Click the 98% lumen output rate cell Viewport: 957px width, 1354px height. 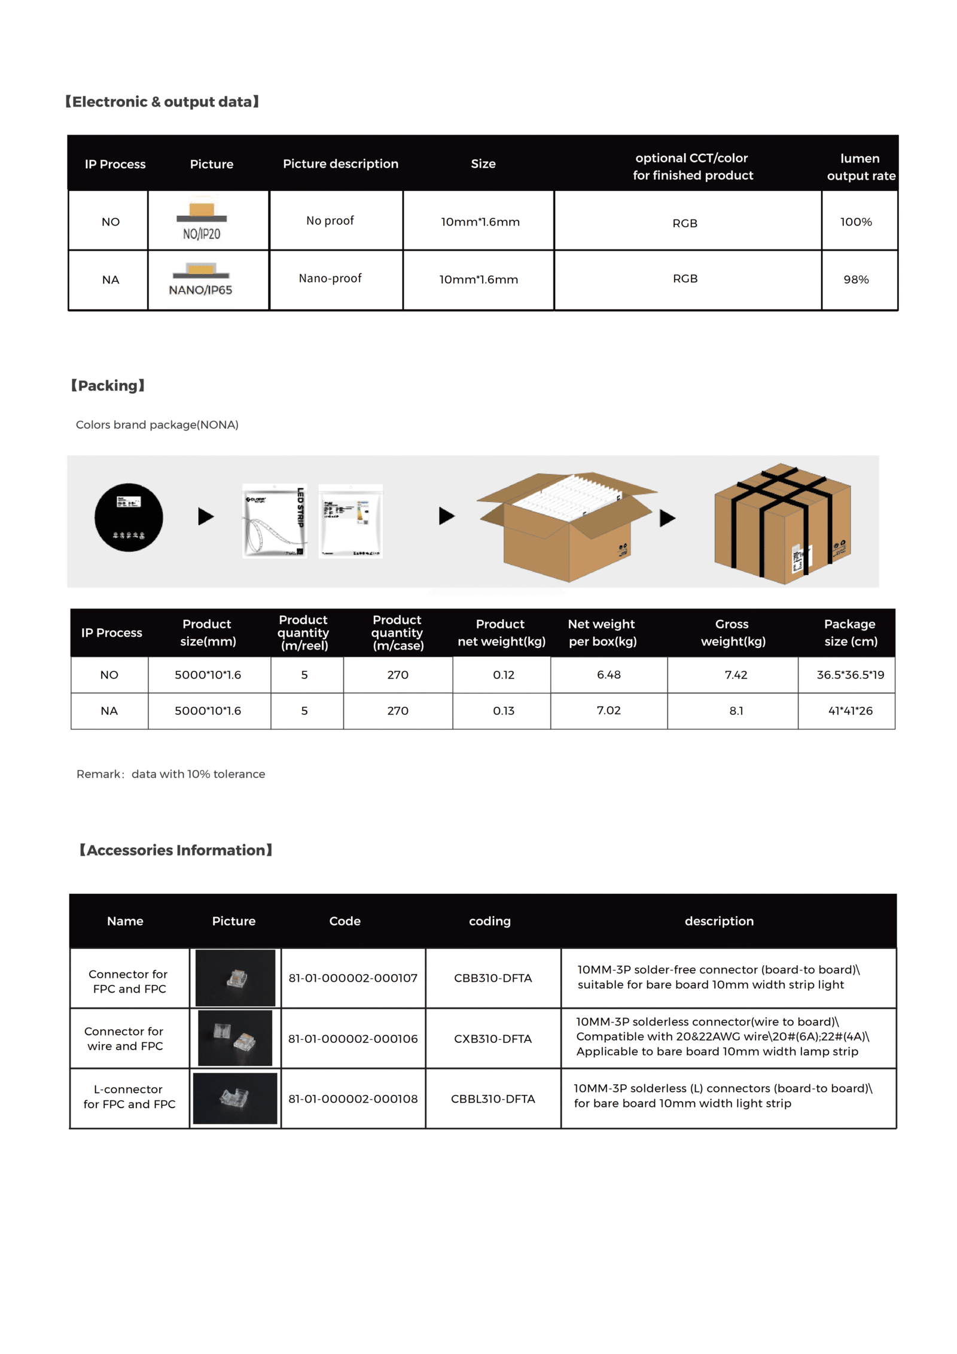coord(855,279)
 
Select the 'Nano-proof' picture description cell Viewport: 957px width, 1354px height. coord(330,278)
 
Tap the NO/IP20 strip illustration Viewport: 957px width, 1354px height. coord(202,220)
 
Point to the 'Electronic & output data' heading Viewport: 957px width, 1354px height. coord(162,102)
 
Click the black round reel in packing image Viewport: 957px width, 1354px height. coord(129,517)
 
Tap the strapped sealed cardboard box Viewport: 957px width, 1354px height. coord(782,523)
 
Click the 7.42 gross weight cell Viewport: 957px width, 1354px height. coord(736,675)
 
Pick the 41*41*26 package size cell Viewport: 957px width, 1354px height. coord(850,711)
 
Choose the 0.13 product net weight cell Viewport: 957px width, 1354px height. coord(504,711)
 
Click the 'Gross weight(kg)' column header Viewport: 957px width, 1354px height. coord(733,632)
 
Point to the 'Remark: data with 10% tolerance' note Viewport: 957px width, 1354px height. coord(170,774)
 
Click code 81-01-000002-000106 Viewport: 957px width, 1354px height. coord(353,1039)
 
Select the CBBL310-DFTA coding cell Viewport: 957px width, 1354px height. coord(493,1099)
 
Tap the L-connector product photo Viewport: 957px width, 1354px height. coord(235,1098)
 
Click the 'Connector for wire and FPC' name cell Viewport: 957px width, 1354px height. coord(124,1038)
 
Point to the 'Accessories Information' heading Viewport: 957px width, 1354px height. coord(176,850)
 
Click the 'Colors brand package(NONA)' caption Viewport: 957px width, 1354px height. coord(157,425)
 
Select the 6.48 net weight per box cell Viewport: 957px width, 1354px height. coord(609,675)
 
